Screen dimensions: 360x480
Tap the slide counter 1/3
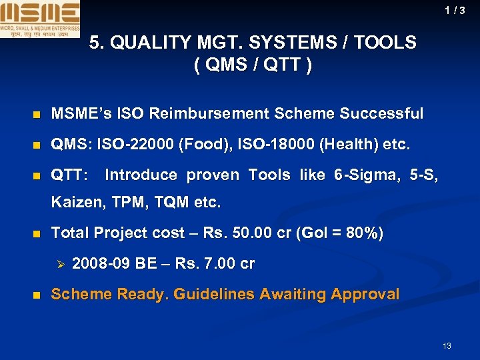455,11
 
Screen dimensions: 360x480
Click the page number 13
447,345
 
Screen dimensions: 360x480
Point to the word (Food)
197,145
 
